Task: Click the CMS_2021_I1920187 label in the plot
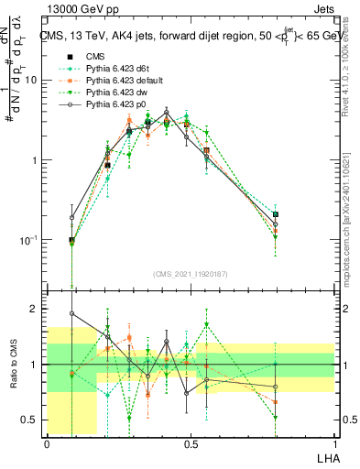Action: click(191, 274)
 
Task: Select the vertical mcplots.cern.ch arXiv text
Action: click(352, 211)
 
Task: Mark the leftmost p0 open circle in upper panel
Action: click(71, 218)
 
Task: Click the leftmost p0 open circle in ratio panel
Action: click(71, 313)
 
